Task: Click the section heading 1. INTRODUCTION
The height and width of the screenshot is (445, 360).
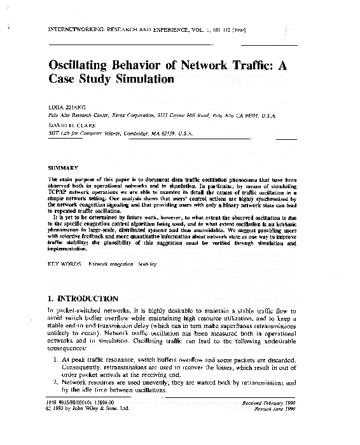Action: [x=83, y=298]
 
